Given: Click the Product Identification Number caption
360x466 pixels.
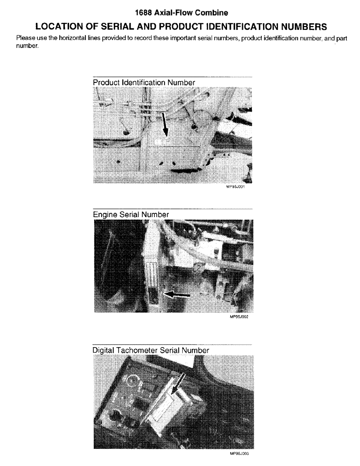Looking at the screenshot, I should pyautogui.click(x=144, y=82).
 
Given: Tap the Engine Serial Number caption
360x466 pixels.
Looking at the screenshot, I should pyautogui.click(x=131, y=214).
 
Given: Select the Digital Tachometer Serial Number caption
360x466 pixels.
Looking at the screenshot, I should pyautogui.click(x=151, y=350).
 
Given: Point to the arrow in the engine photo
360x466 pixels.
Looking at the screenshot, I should pyautogui.click(x=178, y=295).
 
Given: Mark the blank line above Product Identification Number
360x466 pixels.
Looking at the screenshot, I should pyautogui.click(x=173, y=77).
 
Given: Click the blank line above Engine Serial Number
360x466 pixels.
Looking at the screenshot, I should pyautogui.click(x=173, y=209).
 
